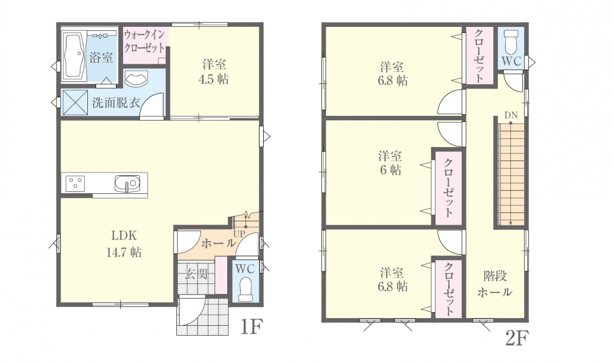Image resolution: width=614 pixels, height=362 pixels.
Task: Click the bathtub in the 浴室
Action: [x=74, y=57]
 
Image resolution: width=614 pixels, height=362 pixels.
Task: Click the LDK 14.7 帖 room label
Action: [x=124, y=244]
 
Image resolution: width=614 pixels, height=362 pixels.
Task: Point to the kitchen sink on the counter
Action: [x=127, y=183]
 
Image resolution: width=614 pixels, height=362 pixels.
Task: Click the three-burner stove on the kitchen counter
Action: [x=75, y=183]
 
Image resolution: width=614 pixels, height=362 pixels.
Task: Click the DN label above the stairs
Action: [x=511, y=115]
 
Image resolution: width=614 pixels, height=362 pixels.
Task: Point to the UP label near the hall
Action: [x=239, y=234]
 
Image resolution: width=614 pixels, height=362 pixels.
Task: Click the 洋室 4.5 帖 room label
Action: [x=214, y=72]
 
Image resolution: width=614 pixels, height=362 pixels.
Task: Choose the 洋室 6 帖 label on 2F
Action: [x=390, y=163]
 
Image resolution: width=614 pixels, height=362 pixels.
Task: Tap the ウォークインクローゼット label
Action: [x=144, y=41]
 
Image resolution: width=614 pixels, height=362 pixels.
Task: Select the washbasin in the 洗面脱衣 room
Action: [x=136, y=79]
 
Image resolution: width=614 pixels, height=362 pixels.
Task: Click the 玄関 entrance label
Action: [x=196, y=274]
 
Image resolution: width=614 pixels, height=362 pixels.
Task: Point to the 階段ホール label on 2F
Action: [x=495, y=284]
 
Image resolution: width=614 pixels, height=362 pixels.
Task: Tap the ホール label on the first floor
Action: [x=219, y=243]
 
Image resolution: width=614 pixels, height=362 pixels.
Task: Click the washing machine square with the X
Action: [x=75, y=102]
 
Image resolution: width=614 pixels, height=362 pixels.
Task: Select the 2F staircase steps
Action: [x=511, y=174]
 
